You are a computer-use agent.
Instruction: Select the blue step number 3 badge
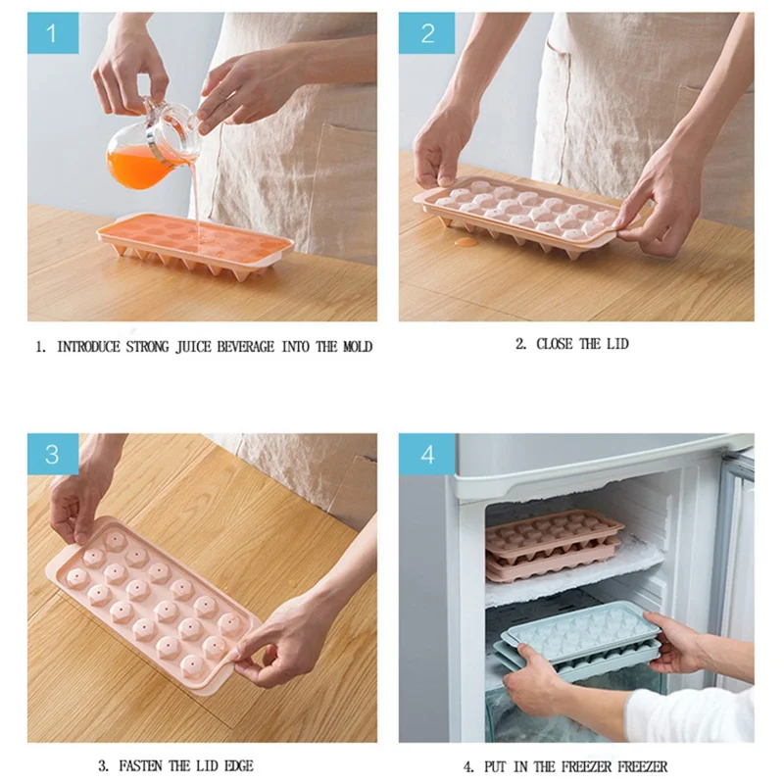pyautogui.click(x=52, y=455)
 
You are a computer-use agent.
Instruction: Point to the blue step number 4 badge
pyautogui.click(x=426, y=455)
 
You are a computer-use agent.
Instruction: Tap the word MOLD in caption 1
pyautogui.click(x=357, y=347)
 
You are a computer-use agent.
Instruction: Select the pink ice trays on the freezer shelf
pyautogui.click(x=554, y=545)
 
